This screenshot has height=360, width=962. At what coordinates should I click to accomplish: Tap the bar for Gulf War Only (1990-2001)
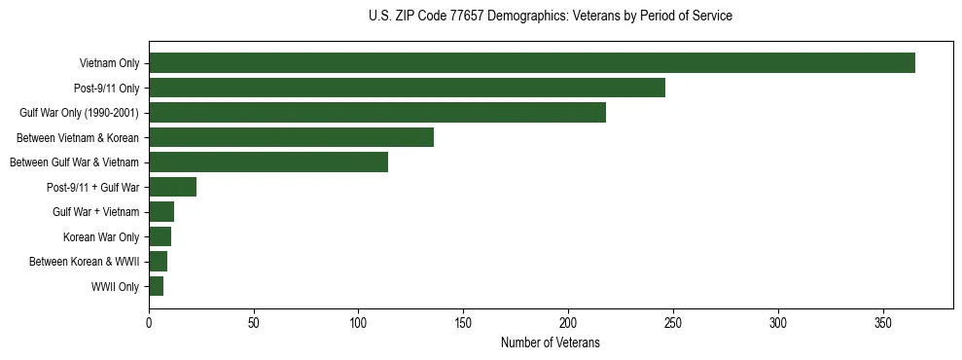(x=377, y=113)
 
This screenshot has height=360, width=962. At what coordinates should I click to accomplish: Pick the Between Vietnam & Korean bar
(x=291, y=137)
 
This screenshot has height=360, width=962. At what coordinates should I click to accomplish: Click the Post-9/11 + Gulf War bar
(x=173, y=187)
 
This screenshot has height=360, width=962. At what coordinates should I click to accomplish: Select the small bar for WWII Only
(x=156, y=286)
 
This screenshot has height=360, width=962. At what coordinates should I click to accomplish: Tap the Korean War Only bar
(x=160, y=236)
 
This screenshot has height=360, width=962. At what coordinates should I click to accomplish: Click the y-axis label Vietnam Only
(x=109, y=63)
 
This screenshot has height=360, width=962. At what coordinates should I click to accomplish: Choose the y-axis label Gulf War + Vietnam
(x=95, y=212)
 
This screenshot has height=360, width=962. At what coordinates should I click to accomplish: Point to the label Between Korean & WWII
(x=85, y=262)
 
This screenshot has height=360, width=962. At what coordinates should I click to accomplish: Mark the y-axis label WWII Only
(x=115, y=287)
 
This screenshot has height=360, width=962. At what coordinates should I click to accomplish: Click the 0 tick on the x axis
(x=149, y=322)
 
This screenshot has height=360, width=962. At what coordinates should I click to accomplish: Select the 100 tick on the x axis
(x=359, y=322)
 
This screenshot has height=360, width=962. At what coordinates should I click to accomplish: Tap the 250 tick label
(x=673, y=322)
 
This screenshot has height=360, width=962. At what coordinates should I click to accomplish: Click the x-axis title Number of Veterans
(x=550, y=342)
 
